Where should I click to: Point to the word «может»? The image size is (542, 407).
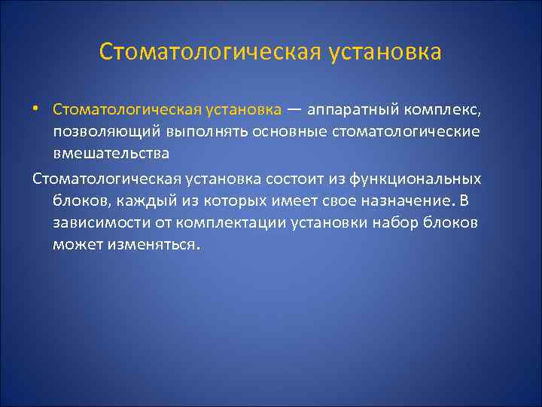(74, 246)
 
